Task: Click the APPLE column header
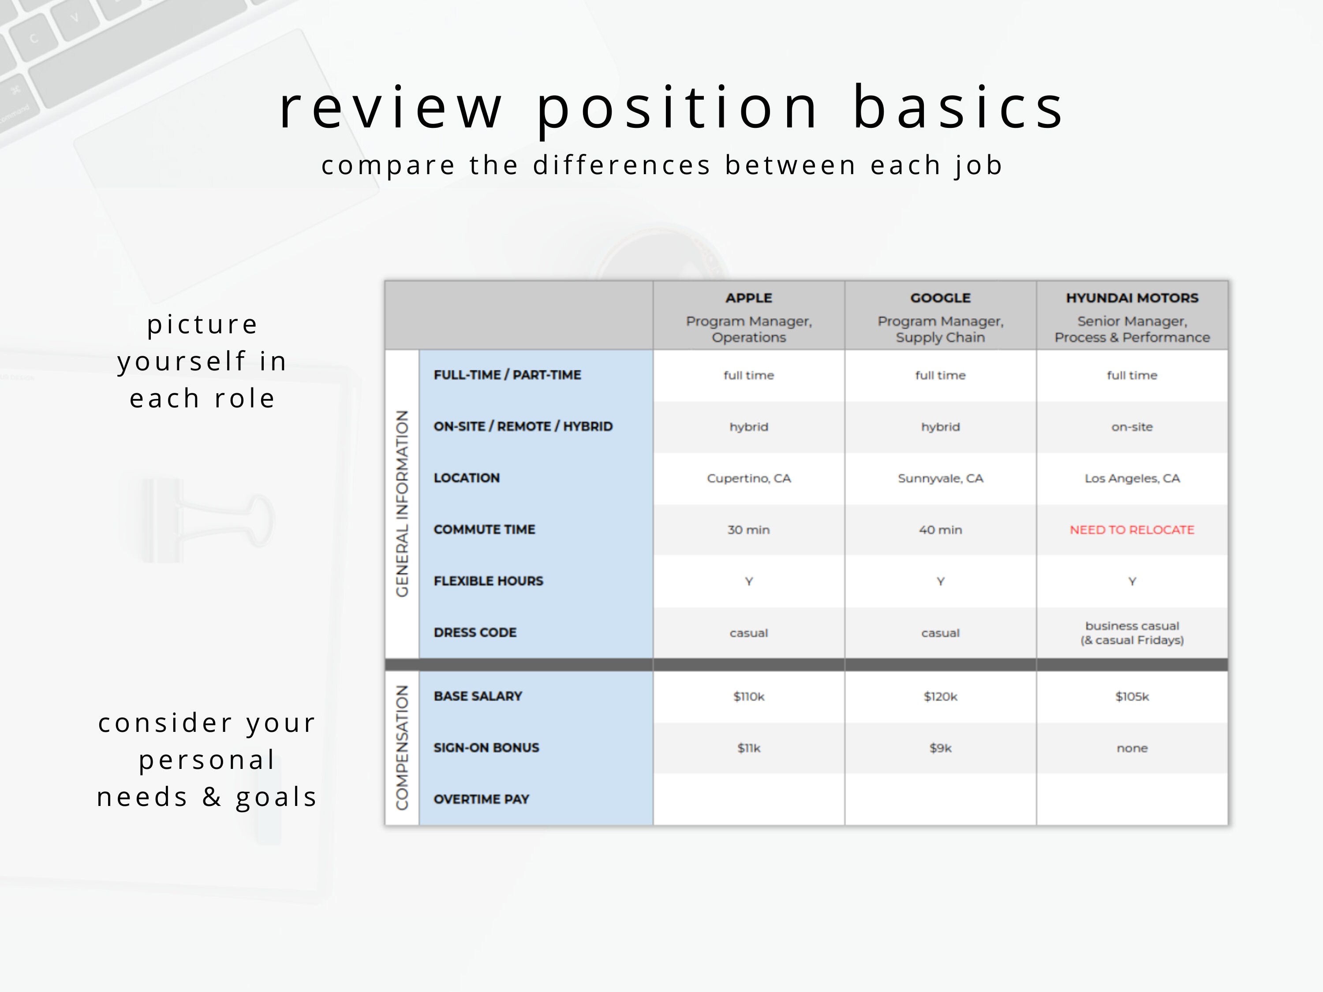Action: (748, 298)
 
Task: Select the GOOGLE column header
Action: (940, 298)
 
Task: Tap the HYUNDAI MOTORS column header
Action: (1132, 298)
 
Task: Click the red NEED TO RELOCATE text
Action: (1132, 530)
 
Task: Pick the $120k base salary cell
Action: (940, 697)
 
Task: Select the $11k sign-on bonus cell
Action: (748, 748)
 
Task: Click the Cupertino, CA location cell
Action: (748, 478)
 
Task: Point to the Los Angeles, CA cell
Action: (1132, 478)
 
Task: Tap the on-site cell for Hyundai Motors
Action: (1132, 427)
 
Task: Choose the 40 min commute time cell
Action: (940, 530)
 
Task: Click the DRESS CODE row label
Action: (475, 633)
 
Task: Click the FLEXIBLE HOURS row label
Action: (488, 581)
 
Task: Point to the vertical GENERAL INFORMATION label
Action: (402, 503)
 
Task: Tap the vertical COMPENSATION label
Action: (402, 747)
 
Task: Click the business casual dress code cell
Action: (1132, 633)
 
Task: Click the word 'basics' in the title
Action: (957, 108)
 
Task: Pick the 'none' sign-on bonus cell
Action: (1132, 748)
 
